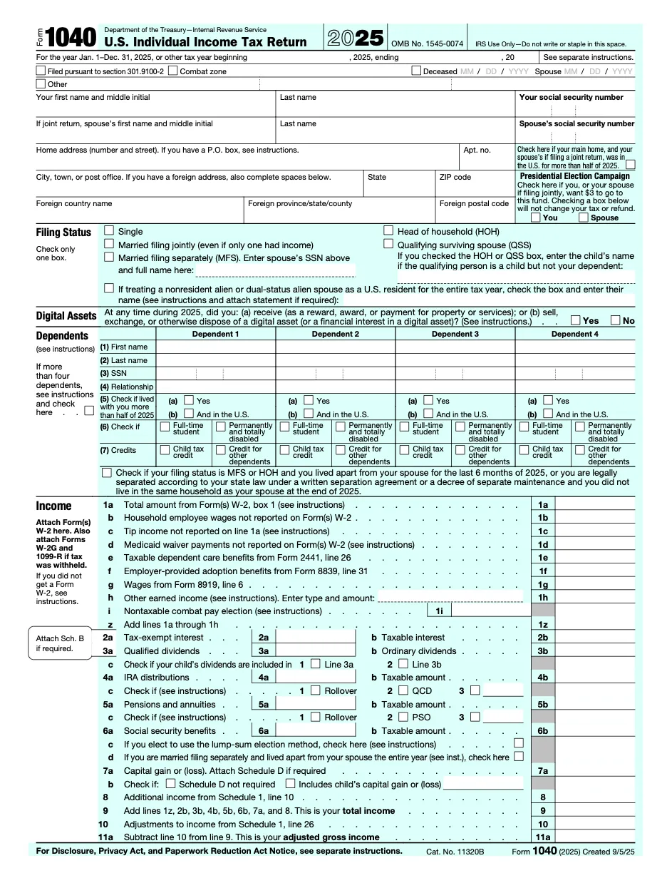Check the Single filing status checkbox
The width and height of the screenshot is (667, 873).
coord(109,231)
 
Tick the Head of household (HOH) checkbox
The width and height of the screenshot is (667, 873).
coord(388,231)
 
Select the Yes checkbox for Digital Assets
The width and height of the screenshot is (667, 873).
coord(575,320)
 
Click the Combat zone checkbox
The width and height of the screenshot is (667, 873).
coord(174,71)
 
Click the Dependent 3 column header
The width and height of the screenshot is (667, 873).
coord(455,334)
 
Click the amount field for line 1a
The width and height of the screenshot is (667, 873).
coord(594,504)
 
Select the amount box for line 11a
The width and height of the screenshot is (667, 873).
coord(594,837)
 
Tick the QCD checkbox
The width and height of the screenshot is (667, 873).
coord(403,690)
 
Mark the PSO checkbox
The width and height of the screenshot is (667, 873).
coord(403,717)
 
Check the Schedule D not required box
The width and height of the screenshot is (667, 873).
coord(171,783)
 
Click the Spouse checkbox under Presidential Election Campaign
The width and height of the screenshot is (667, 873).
coord(584,218)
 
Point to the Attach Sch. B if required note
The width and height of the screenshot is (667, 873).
coord(60,643)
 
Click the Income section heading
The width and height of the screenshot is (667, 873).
coord(54,506)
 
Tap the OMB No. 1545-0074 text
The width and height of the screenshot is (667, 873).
coord(427,44)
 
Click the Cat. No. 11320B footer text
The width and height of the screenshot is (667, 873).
coord(455,852)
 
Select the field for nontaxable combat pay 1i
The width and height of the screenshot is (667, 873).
coord(491,611)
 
